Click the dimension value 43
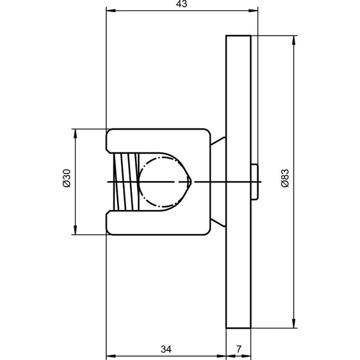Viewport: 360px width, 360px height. click(x=182, y=4)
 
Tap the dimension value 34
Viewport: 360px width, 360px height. click(x=166, y=349)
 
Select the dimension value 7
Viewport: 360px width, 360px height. click(x=239, y=349)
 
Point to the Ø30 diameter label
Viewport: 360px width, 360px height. click(x=67, y=178)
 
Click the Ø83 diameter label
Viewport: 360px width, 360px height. click(x=286, y=178)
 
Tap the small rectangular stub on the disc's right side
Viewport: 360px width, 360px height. click(x=254, y=182)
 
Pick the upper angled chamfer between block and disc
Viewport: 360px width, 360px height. click(x=218, y=141)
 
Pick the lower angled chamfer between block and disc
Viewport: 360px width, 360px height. click(x=218, y=223)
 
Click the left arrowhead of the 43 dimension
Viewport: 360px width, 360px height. click(x=111, y=11)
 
